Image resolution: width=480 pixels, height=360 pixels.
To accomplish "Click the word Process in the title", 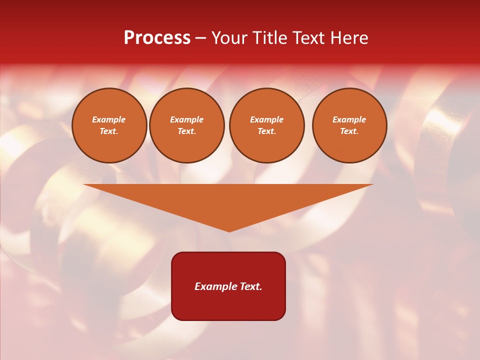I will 157,38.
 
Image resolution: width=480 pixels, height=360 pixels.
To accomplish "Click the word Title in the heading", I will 268,38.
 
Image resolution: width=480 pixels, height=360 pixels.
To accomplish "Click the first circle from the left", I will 109,125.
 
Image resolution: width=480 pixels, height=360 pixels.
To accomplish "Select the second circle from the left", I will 187,125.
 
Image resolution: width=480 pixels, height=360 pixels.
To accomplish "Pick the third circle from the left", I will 267,125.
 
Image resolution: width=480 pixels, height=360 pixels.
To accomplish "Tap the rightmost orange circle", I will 349,125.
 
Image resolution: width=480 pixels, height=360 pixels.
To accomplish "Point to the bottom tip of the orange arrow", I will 229,231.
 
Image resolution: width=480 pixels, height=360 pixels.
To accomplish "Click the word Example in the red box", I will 215,286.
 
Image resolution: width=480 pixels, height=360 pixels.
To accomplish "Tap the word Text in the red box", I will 250,286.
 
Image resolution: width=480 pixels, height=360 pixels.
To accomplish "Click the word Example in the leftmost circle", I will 109,120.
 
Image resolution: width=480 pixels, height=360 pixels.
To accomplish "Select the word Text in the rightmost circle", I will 349,131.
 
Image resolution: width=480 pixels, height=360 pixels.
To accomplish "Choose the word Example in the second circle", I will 187,120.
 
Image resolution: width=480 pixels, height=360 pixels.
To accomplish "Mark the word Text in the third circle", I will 267,131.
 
